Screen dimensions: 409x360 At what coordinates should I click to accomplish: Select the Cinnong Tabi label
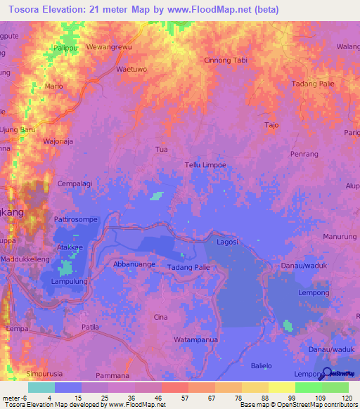pos(225,60)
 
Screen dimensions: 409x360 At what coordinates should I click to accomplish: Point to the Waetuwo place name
pos(131,70)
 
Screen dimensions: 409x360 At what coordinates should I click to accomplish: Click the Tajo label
pos(271,125)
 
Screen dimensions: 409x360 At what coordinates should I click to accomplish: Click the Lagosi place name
pos(227,242)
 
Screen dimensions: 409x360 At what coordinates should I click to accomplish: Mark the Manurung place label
pos(340,237)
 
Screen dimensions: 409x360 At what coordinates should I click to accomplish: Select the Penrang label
pos(304,153)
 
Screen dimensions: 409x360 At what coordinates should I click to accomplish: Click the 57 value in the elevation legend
pos(174,397)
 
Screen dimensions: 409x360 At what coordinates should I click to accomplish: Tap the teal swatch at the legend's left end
pos(41,387)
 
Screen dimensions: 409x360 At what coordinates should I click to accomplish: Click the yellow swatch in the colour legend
pos(281,387)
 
